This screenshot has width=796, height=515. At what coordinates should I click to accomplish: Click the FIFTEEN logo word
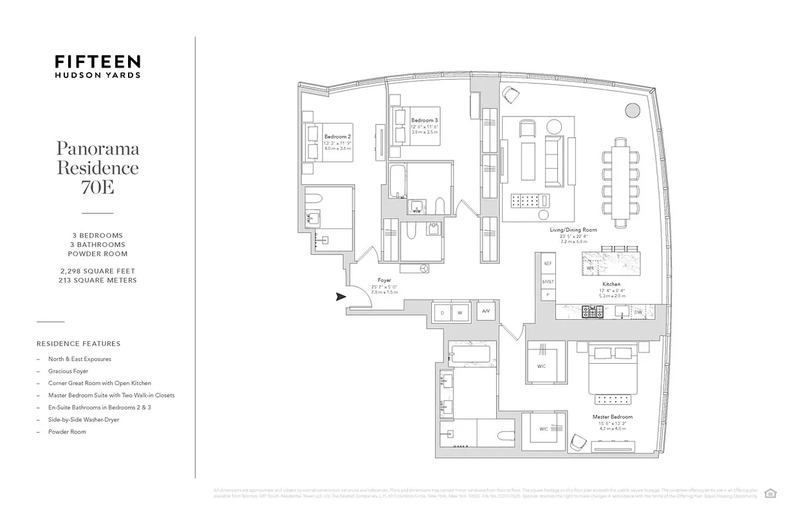(97, 62)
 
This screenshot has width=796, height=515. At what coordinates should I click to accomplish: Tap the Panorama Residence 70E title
(97, 168)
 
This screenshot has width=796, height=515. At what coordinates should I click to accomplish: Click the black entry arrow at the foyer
(340, 297)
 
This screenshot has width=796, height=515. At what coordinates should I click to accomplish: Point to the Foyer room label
(384, 281)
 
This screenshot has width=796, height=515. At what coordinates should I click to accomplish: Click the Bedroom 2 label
(337, 136)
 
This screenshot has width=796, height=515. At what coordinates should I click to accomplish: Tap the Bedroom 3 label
(425, 120)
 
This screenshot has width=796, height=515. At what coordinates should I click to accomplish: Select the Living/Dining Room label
(573, 230)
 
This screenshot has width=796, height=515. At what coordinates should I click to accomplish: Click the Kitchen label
(611, 284)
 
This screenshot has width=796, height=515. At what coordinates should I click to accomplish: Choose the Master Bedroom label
(612, 417)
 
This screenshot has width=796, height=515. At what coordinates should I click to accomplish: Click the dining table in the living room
(620, 183)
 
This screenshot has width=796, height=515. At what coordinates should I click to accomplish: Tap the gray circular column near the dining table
(632, 109)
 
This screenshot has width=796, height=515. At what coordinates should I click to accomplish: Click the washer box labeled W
(461, 313)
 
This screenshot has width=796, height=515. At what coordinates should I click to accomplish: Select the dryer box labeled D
(442, 313)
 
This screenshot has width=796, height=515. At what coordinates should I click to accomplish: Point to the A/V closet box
(486, 311)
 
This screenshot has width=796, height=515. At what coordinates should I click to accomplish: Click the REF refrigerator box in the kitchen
(548, 264)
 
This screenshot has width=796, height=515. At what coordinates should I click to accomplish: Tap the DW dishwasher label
(638, 312)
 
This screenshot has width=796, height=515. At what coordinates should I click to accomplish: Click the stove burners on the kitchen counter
(592, 312)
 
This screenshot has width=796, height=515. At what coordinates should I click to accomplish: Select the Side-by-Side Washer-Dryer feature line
(84, 420)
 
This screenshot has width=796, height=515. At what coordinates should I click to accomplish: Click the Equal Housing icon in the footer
(770, 493)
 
